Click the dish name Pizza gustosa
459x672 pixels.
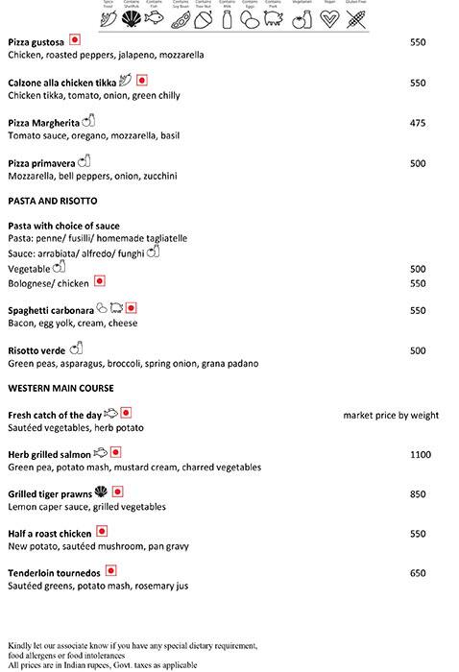(36, 42)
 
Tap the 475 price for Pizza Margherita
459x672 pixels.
(418, 122)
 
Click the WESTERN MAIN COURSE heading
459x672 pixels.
(61, 388)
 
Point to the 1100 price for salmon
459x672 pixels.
(421, 454)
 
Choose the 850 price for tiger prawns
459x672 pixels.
(418, 494)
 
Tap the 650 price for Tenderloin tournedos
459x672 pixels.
(418, 573)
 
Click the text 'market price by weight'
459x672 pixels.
(391, 415)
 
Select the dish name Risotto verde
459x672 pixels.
(36, 351)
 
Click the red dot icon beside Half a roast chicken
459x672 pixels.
(102, 532)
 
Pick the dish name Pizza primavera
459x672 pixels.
(41, 164)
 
